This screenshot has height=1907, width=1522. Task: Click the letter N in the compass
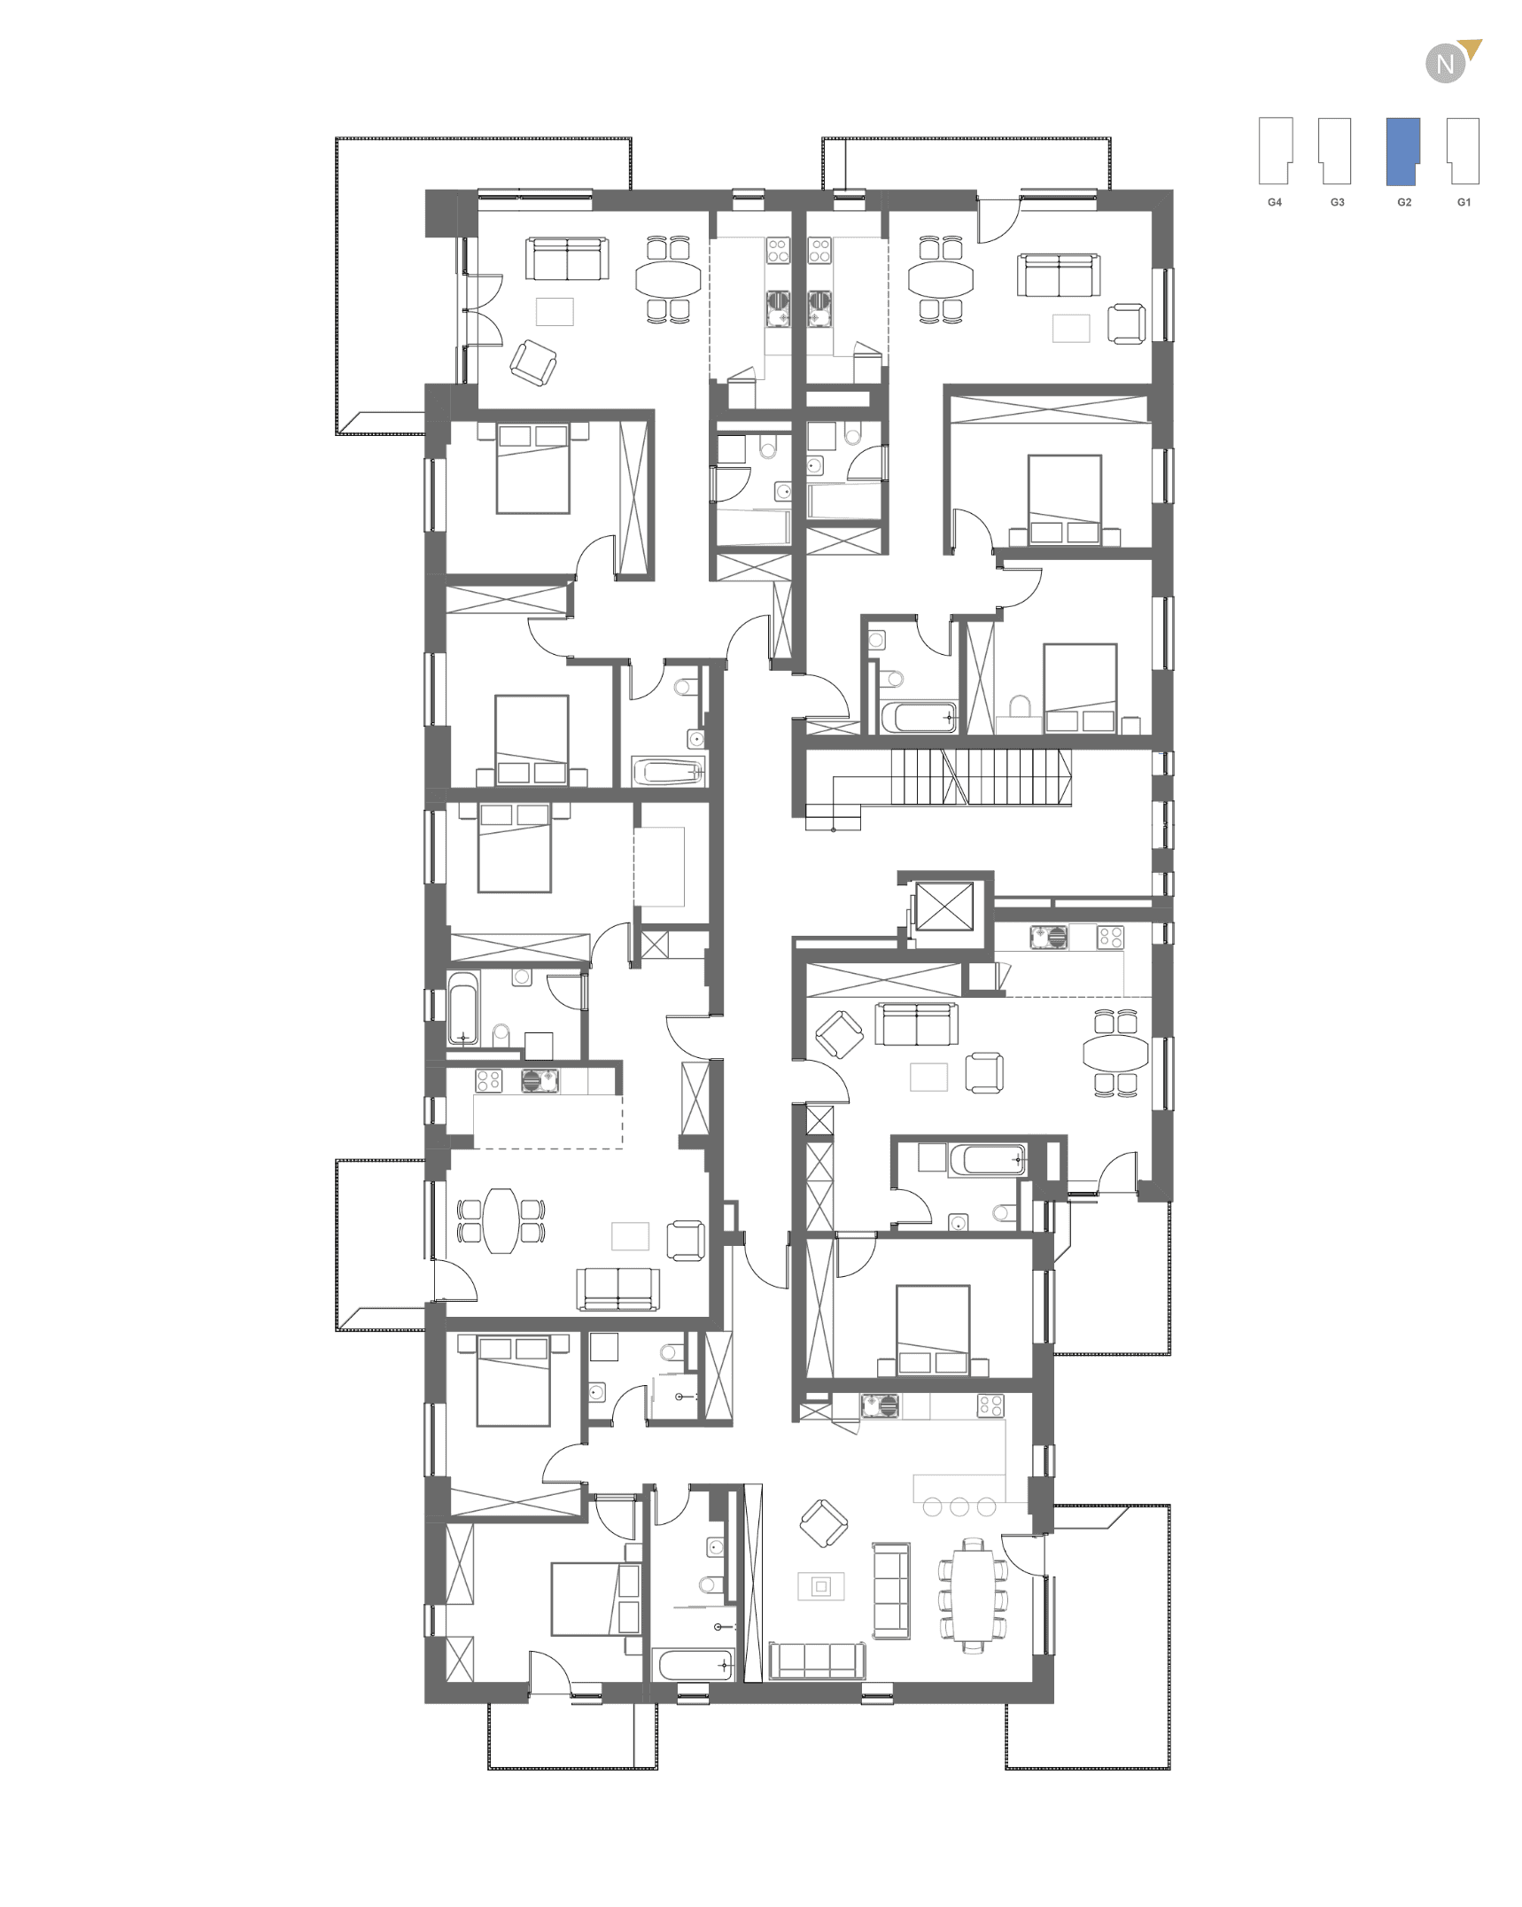[1445, 65]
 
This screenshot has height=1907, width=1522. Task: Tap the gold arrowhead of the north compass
[1472, 48]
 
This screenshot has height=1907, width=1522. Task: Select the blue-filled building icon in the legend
[1403, 152]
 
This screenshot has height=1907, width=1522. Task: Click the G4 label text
[1275, 203]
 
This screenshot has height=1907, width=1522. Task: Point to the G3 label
[1338, 203]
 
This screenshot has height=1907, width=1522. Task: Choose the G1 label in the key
[1464, 203]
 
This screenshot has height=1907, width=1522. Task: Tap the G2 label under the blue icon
[1404, 203]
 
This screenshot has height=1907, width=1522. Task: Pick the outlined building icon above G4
[1276, 152]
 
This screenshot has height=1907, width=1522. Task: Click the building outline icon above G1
[1464, 152]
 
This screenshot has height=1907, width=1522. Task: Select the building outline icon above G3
[1335, 152]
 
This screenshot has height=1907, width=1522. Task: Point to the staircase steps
[981, 777]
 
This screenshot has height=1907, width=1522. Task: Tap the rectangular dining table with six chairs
[974, 1596]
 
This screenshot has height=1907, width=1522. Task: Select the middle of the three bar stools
[959, 1506]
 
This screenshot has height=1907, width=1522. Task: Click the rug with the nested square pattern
[821, 1586]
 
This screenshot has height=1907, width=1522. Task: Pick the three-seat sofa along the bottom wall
[817, 1661]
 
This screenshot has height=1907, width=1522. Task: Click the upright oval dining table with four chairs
[501, 1220]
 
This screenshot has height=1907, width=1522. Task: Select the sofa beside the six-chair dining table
[891, 1591]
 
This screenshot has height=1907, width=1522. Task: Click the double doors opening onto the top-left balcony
[483, 309]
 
